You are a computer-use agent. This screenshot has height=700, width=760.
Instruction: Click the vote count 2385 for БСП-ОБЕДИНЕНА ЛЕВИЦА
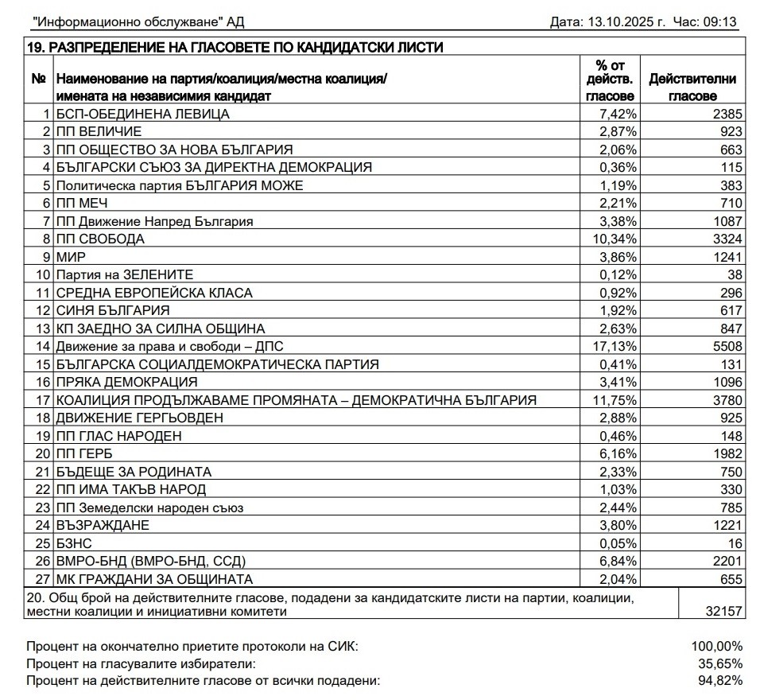click(727, 114)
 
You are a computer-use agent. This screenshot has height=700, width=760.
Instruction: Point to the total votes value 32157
click(724, 612)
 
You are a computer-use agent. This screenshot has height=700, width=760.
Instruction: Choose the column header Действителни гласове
click(692, 87)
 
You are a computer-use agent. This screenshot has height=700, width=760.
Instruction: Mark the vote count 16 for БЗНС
click(735, 543)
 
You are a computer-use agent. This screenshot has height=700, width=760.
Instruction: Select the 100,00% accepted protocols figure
click(714, 646)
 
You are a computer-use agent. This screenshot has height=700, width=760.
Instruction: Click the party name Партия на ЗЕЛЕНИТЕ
click(125, 274)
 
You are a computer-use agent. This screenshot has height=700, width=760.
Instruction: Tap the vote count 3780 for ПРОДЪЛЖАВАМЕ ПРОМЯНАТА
click(727, 400)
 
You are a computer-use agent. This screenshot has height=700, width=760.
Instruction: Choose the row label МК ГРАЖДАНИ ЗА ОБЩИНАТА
click(154, 579)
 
